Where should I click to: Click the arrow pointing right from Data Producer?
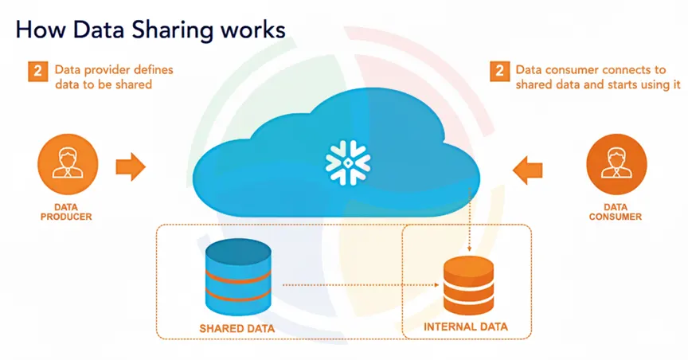tap(130, 166)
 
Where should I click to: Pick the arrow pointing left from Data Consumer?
tap(527, 169)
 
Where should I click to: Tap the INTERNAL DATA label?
tap(466, 327)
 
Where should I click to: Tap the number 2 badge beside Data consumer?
tap(498, 71)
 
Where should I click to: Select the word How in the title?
tap(37, 30)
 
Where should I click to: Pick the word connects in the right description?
tap(620, 69)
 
